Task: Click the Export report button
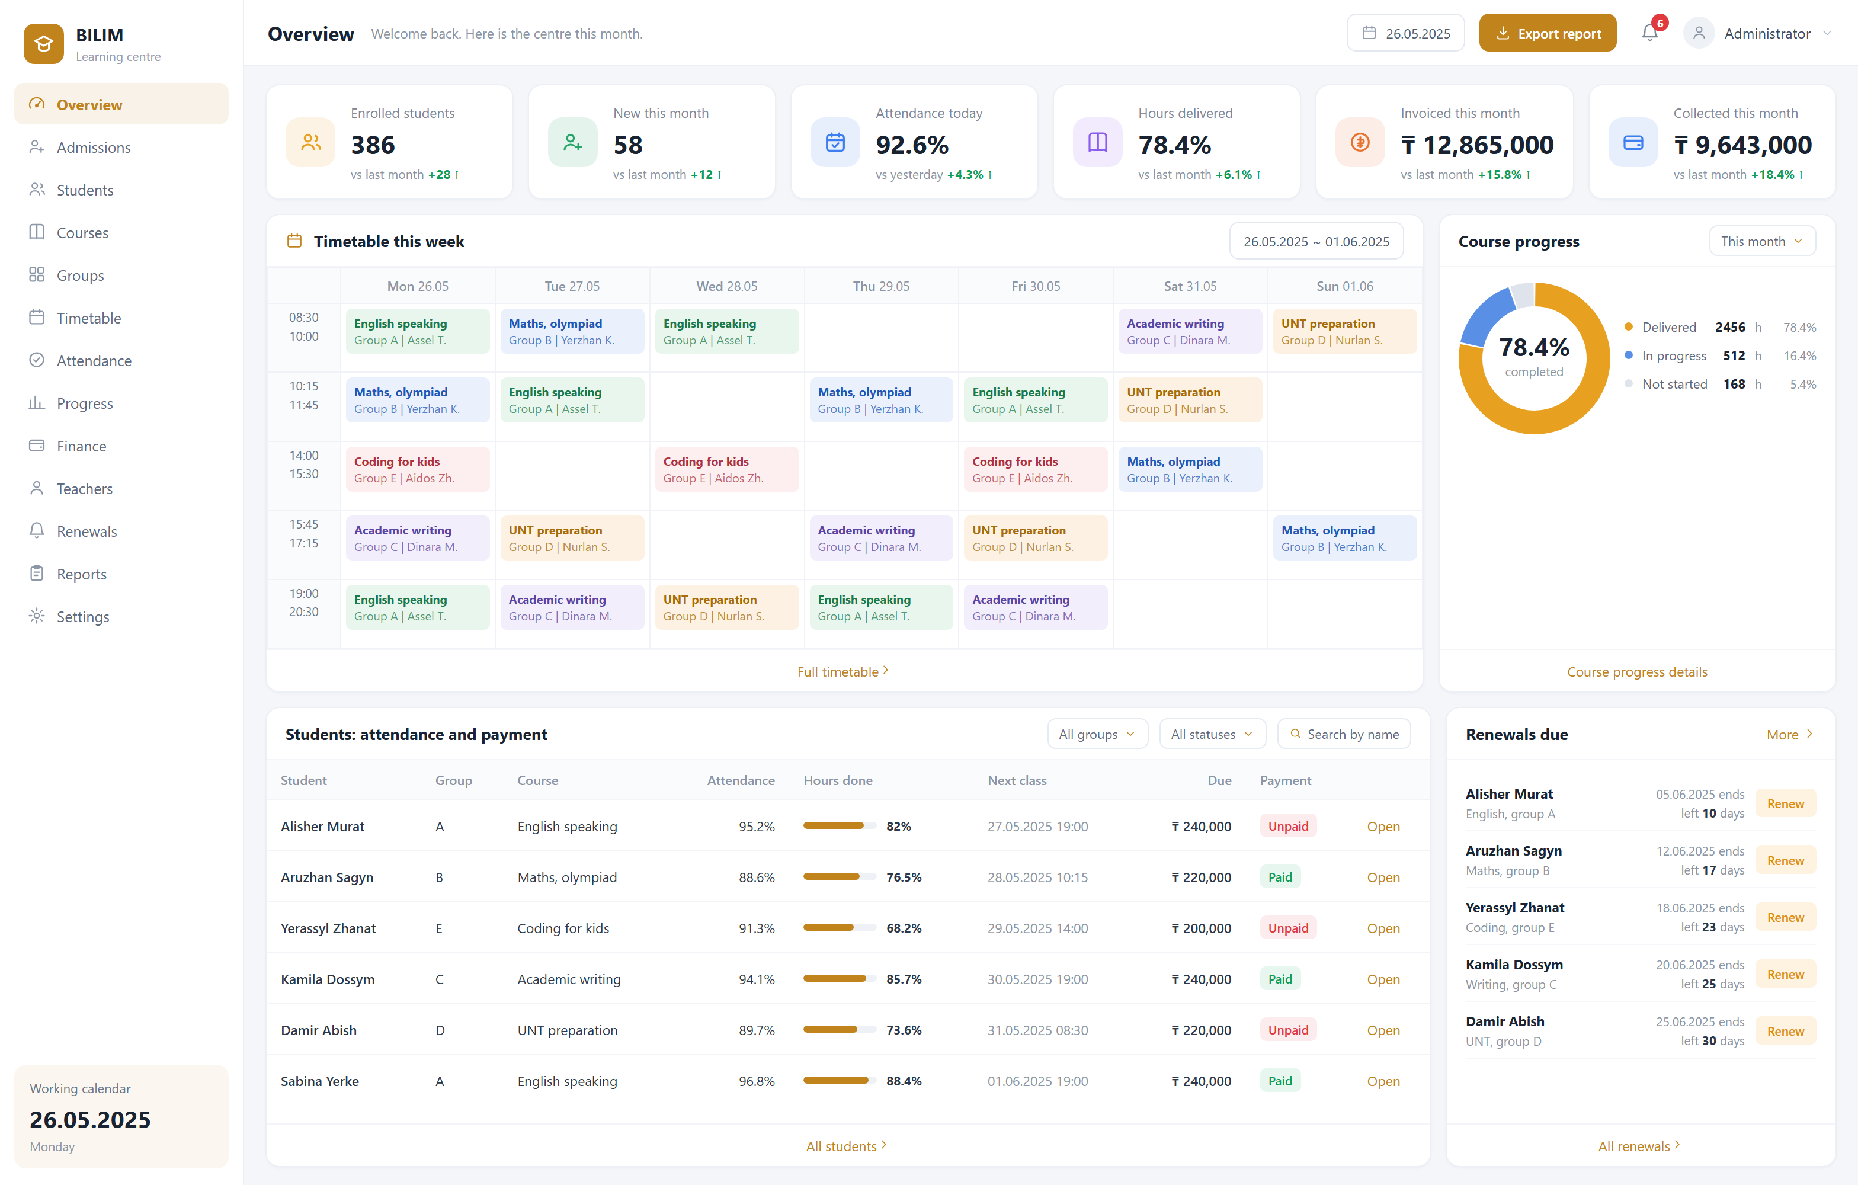pyautogui.click(x=1547, y=33)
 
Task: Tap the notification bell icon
pyautogui.click(x=1649, y=33)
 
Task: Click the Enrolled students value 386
pyautogui.click(x=373, y=145)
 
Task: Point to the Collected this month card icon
pyautogui.click(x=1633, y=143)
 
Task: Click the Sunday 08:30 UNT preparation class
pyautogui.click(x=1344, y=332)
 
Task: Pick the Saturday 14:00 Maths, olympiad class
pyautogui.click(x=1190, y=469)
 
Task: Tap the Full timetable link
pyautogui.click(x=842, y=672)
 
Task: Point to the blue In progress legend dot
pyautogui.click(x=1629, y=355)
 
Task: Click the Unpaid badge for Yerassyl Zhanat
pyautogui.click(x=1288, y=928)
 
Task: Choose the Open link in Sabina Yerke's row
pyautogui.click(x=1383, y=1081)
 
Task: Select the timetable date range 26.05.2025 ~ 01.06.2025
pyautogui.click(x=1316, y=242)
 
